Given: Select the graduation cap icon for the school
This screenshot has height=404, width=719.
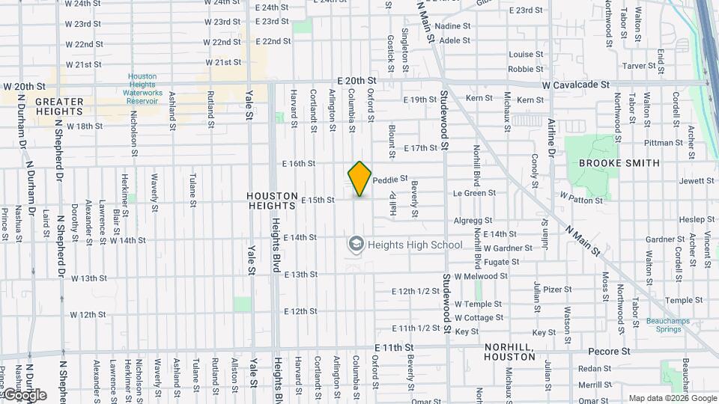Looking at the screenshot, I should (355, 245).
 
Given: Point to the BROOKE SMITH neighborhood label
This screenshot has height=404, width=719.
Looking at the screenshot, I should (619, 163).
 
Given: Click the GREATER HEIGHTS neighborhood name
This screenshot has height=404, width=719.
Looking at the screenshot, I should (49, 106).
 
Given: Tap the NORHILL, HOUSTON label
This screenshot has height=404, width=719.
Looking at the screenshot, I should (509, 352).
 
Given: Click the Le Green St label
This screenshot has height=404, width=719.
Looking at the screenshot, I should (470, 193).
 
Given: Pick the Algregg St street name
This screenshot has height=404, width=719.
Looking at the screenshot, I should (473, 221).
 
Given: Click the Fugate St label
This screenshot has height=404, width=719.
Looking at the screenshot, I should (501, 262).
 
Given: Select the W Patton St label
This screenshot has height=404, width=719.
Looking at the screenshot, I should (581, 201).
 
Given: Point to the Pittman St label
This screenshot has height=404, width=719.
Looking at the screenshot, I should (658, 142).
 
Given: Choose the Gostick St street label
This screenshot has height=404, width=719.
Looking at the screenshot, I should (390, 49).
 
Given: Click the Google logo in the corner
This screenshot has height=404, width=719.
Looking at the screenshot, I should (24, 394).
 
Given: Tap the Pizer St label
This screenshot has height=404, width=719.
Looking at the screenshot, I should (557, 289).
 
